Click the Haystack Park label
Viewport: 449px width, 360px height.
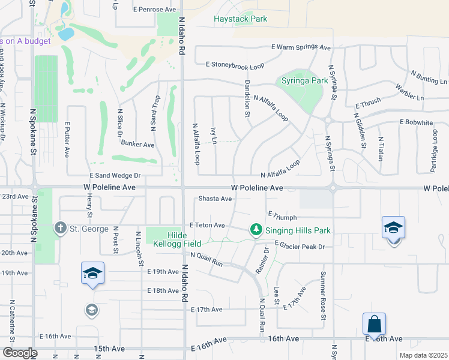pos(240,19)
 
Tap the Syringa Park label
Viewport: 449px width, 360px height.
pos(305,80)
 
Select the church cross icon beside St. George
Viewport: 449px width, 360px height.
pos(60,229)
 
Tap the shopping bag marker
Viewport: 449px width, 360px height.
pos(374,324)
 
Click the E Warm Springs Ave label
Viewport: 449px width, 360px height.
pos(301,47)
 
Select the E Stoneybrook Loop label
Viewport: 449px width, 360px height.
pos(235,64)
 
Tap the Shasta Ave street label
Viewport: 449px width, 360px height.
pos(215,199)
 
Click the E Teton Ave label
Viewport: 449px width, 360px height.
pos(206,225)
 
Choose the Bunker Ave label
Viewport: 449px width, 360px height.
pos(137,145)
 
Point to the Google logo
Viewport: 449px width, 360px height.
pos(19,353)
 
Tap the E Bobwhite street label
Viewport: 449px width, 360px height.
pos(416,122)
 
